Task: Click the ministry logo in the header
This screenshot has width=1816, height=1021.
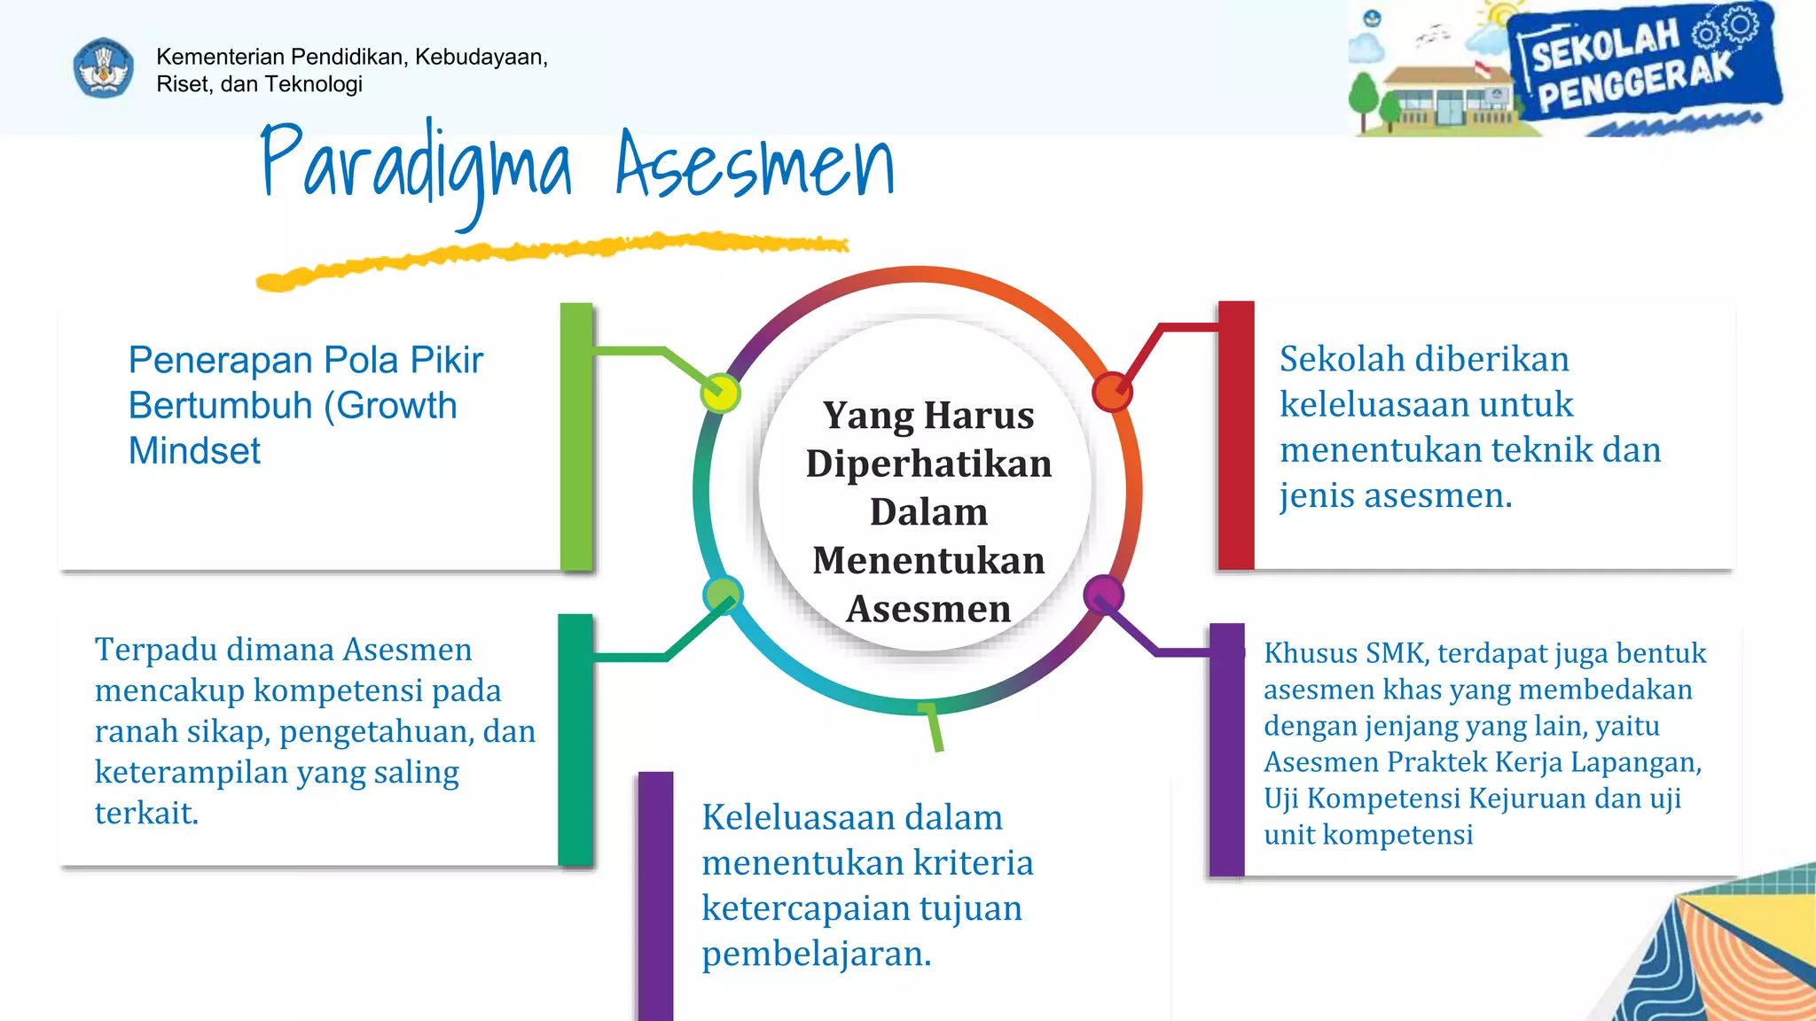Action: [x=104, y=68]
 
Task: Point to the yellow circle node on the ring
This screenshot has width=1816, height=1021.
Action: [x=720, y=393]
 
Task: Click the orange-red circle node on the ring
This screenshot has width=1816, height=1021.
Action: [x=1111, y=392]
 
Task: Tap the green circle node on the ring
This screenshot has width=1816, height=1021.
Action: [x=723, y=595]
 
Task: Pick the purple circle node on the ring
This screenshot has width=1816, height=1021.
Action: [x=1104, y=594]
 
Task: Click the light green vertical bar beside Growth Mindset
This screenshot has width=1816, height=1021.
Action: [x=576, y=436]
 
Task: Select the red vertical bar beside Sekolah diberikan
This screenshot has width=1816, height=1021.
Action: [x=1236, y=434]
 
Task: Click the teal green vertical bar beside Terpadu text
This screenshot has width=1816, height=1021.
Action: [x=575, y=739]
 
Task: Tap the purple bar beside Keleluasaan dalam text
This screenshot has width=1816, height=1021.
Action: [x=655, y=895]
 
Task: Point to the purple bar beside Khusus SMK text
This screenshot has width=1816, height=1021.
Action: [x=1227, y=750]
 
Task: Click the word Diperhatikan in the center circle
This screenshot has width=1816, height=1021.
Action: [x=928, y=464]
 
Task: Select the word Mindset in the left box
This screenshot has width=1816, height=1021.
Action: [x=194, y=451]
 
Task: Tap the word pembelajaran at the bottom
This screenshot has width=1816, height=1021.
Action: [x=816, y=955]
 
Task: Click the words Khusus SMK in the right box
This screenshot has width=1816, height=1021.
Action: [x=1345, y=653]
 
